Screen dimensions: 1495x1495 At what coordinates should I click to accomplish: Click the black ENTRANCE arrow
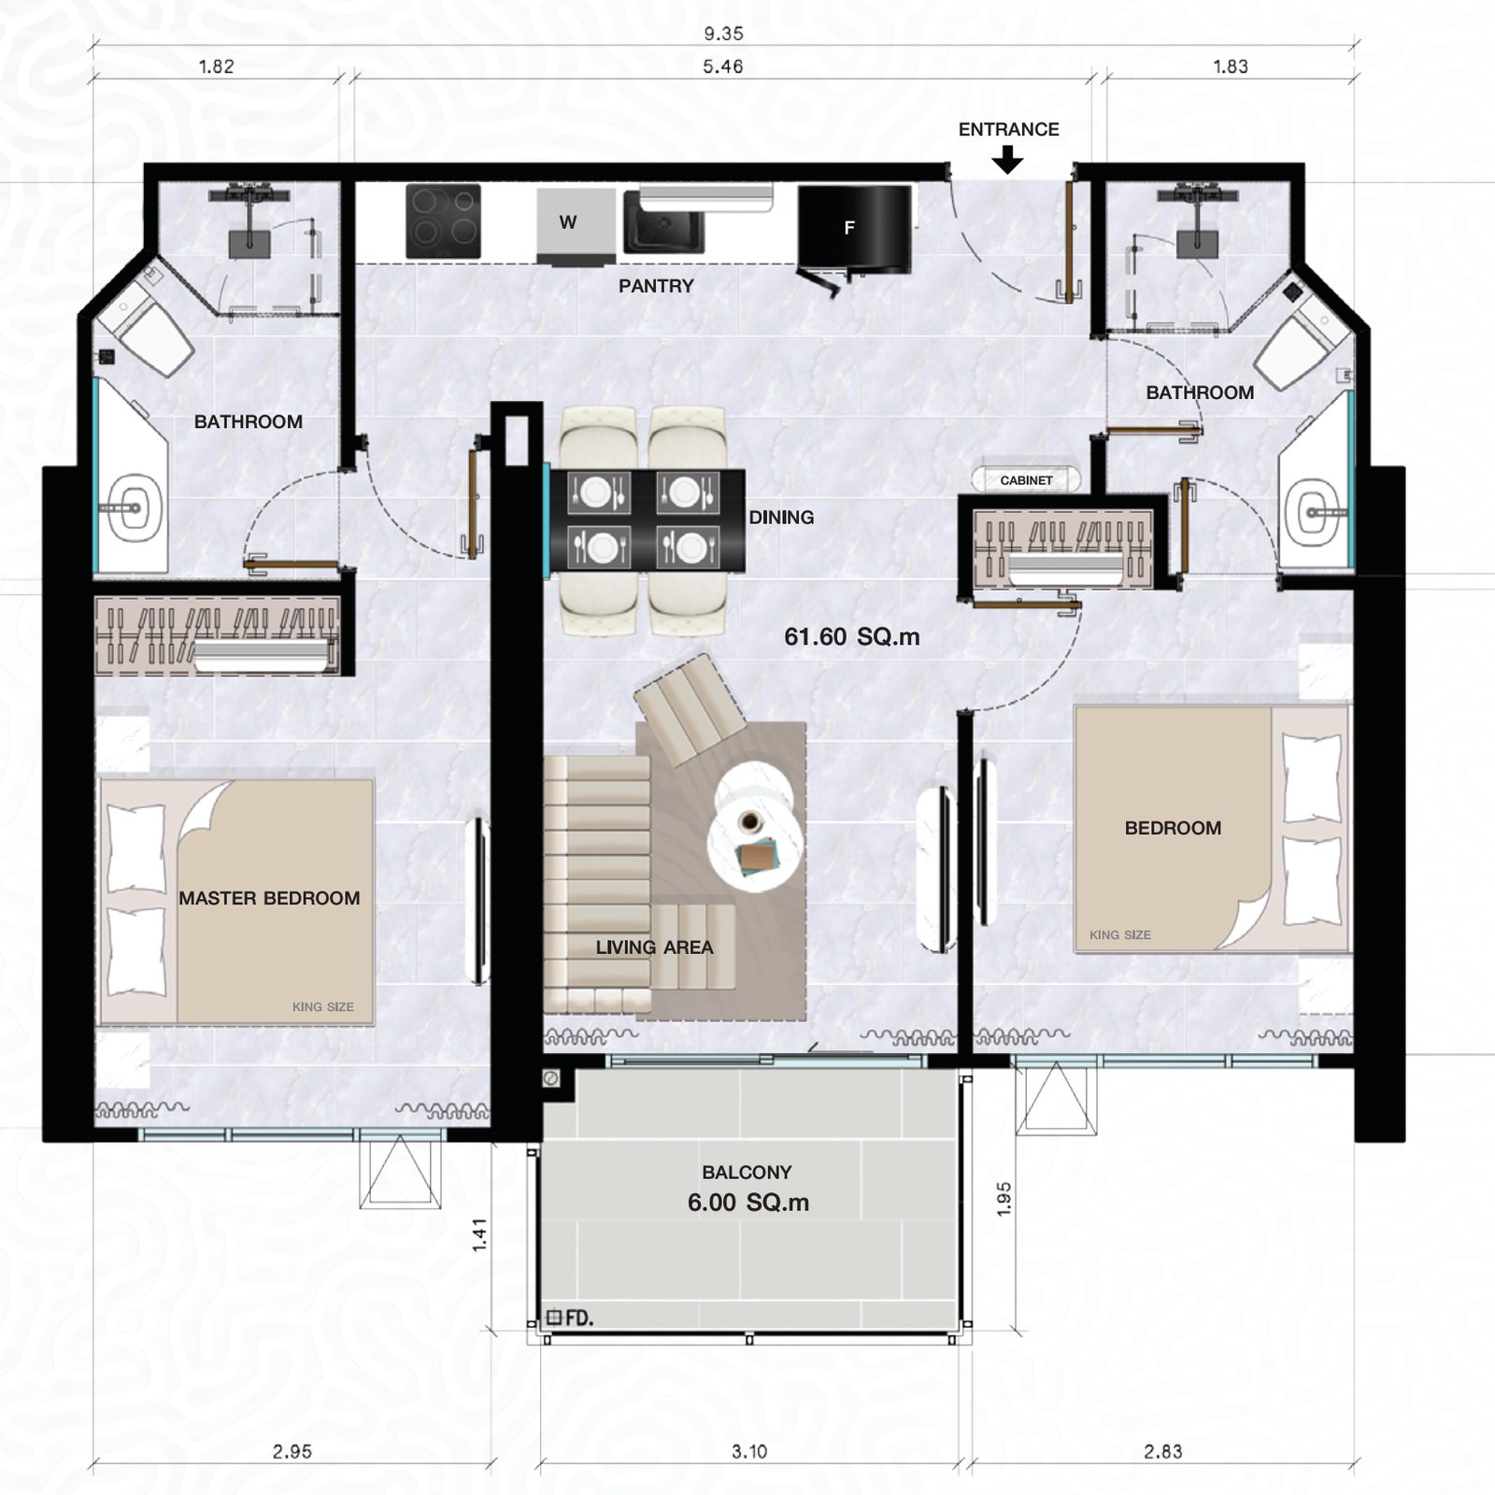click(x=1007, y=161)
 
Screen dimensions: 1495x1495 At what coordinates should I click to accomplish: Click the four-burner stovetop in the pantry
click(x=443, y=221)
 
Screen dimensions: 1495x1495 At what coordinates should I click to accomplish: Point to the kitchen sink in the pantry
click(x=664, y=221)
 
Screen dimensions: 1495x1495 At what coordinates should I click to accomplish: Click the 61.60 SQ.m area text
click(x=852, y=637)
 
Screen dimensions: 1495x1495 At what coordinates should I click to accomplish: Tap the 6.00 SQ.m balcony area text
click(x=748, y=1203)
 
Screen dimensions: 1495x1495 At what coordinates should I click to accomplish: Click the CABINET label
click(x=1026, y=480)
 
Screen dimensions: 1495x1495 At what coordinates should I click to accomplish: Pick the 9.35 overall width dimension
click(x=723, y=34)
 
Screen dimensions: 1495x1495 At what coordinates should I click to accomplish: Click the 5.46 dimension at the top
click(x=723, y=66)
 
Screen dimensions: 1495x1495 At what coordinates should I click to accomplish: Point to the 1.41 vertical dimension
click(x=479, y=1234)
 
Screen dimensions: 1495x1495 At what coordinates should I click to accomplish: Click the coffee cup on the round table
click(x=749, y=822)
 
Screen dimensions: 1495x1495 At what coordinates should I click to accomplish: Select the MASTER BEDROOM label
click(x=269, y=898)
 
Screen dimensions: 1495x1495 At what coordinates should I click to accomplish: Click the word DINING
click(x=781, y=518)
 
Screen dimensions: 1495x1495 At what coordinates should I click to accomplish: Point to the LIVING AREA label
click(x=654, y=947)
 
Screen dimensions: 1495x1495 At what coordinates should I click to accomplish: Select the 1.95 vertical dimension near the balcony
click(x=1004, y=1199)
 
